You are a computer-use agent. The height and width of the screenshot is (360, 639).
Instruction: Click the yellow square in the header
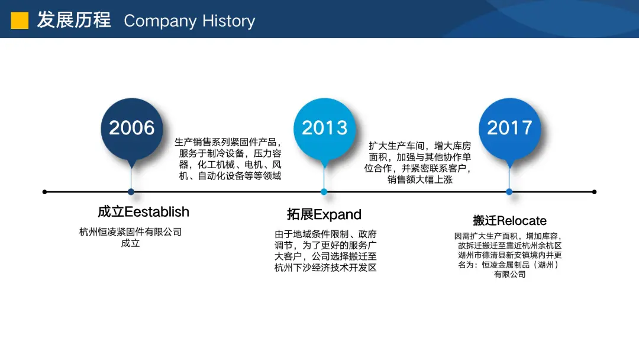tap(20, 20)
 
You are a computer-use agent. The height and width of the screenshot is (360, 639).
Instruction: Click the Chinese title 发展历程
tap(74, 20)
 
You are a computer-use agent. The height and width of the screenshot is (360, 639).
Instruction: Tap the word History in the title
tap(228, 21)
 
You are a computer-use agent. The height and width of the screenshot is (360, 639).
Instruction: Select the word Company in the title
tap(160, 21)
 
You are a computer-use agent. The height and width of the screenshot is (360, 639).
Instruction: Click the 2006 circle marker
tap(131, 129)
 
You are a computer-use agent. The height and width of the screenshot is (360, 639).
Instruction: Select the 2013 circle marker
tap(324, 129)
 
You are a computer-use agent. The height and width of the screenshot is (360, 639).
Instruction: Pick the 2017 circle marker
tap(509, 129)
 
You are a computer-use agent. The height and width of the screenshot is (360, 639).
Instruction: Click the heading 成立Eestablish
tap(143, 212)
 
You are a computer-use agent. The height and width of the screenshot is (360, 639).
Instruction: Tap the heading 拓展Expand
tap(324, 214)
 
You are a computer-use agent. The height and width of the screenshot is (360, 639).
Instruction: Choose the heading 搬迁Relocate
tap(510, 221)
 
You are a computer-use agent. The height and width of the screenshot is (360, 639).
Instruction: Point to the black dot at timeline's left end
tap(45, 192)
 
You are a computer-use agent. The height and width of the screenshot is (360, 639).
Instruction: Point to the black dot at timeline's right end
tap(594, 192)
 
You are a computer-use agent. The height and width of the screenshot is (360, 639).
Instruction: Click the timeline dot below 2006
tap(131, 192)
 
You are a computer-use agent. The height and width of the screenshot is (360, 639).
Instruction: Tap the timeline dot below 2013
tap(324, 192)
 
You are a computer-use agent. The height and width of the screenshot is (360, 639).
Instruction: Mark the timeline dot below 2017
tap(509, 192)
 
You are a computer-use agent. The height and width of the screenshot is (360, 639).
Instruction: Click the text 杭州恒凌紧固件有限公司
tap(130, 232)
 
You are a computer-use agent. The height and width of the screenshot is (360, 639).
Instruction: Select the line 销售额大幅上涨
tap(419, 179)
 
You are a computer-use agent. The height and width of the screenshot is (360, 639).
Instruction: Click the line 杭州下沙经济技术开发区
tap(325, 268)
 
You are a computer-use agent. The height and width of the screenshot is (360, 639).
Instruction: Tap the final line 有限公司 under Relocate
tap(510, 274)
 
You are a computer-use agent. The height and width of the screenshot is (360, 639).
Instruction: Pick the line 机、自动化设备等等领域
tap(230, 176)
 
